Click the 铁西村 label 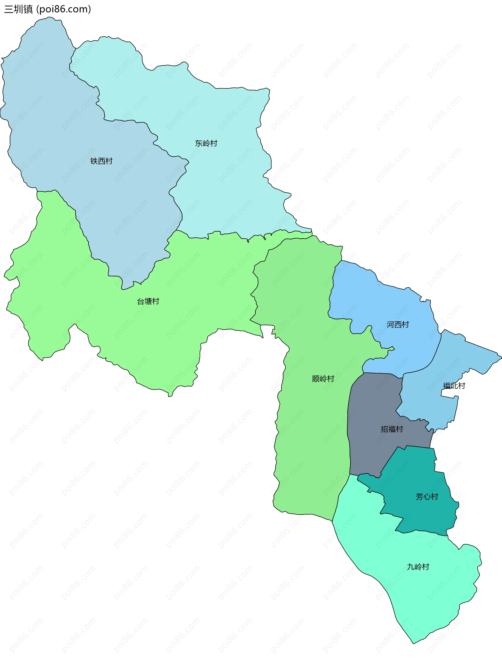[101, 161]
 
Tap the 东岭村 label [206, 143]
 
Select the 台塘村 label [148, 301]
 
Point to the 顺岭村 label [323, 379]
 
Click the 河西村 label [398, 325]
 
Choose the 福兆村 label [454, 386]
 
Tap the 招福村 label [392, 429]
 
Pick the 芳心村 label [427, 497]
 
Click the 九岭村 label [418, 567]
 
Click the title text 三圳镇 [19, 9]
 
